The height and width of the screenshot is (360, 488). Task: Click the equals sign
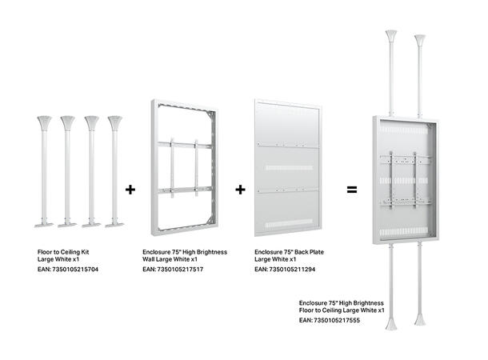[x=350, y=190]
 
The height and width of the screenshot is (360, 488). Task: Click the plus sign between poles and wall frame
[x=130, y=190]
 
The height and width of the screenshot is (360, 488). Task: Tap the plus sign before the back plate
[x=240, y=190]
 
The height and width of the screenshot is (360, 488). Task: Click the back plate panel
[x=288, y=168]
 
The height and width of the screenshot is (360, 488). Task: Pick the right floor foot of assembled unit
[x=420, y=324]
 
